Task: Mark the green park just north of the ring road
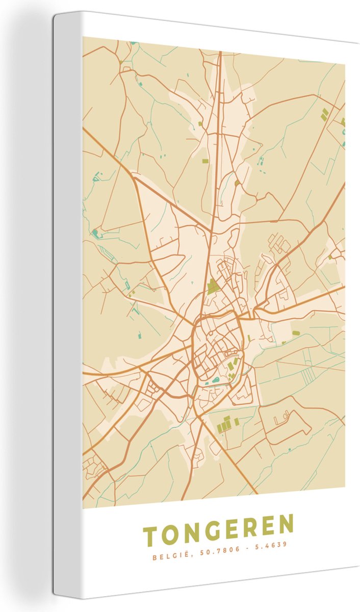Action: click(213, 287)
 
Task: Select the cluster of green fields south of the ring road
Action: click(225, 424)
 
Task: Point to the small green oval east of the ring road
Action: click(296, 333)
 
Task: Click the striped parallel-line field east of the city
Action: click(307, 376)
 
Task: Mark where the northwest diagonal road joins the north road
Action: click(212, 232)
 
